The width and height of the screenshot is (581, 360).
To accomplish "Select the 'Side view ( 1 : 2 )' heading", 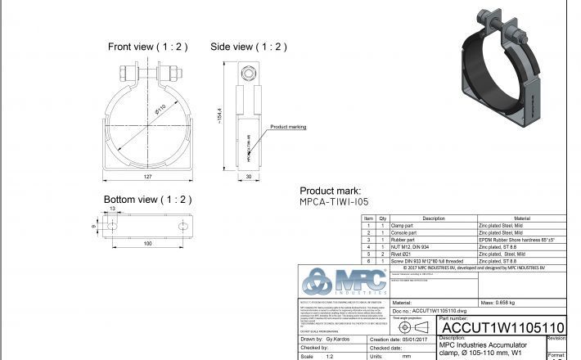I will [x=249, y=47].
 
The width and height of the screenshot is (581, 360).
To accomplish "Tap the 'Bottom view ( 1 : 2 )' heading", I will [x=147, y=200].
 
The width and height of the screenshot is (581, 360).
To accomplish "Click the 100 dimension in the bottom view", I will [x=147, y=244].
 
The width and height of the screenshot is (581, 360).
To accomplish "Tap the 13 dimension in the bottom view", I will [x=112, y=209].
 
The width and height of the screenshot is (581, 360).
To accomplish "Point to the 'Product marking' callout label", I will [x=288, y=127].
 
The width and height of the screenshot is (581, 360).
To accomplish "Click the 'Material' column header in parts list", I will [x=520, y=218].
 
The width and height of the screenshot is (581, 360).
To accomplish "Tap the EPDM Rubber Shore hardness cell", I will [x=517, y=239].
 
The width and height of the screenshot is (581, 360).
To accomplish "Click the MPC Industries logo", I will [x=344, y=283].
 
